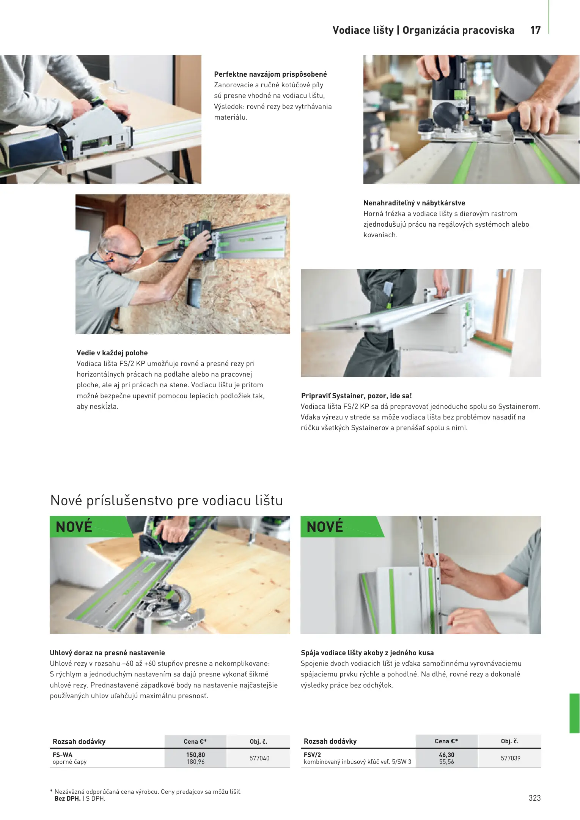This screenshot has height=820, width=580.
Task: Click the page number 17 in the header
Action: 535,30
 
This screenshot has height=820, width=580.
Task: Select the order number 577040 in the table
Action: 259,758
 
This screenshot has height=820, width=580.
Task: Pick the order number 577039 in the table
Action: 511,758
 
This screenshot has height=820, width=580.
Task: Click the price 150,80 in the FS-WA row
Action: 195,755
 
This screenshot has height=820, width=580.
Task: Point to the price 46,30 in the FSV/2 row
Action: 446,755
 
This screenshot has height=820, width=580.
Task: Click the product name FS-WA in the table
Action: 63,755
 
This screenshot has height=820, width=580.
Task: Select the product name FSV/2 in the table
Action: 312,755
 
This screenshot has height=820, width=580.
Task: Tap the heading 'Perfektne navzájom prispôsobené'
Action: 270,74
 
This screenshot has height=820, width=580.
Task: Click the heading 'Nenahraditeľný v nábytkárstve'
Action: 414,203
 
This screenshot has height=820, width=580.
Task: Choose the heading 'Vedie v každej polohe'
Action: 112,353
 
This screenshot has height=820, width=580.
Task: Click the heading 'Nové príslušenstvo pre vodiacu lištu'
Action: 167,500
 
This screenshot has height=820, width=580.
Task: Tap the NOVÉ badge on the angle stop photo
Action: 74,527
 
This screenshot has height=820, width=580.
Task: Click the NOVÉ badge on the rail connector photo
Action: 325,527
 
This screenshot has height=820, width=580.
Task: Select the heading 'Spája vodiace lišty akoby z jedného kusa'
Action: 367,653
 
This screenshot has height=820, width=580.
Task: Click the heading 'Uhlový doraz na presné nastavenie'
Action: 107,653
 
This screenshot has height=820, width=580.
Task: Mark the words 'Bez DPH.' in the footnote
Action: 68,798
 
